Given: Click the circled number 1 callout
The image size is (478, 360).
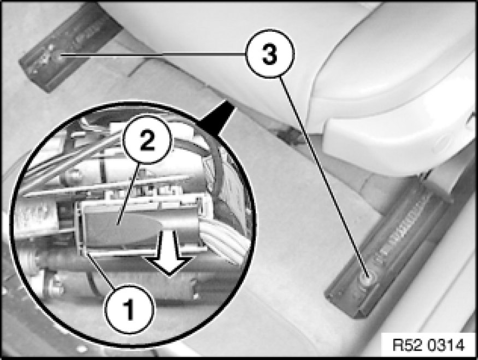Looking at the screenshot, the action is coord(130,309).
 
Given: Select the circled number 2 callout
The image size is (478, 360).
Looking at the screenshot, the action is coord(147,140).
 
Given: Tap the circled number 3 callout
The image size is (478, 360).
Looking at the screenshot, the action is coord(270,54).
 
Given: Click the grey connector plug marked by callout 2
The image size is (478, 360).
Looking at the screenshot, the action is coord(122,226).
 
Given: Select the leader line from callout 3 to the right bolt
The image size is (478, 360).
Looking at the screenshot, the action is coord(324,176).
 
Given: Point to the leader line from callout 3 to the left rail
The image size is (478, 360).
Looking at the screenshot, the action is coord(152,54).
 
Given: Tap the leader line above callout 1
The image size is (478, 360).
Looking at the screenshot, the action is coord(101,270).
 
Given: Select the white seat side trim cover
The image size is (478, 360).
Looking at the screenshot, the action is coord(393,91).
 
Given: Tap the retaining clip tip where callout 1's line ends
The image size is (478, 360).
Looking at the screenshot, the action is coord(86,252).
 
